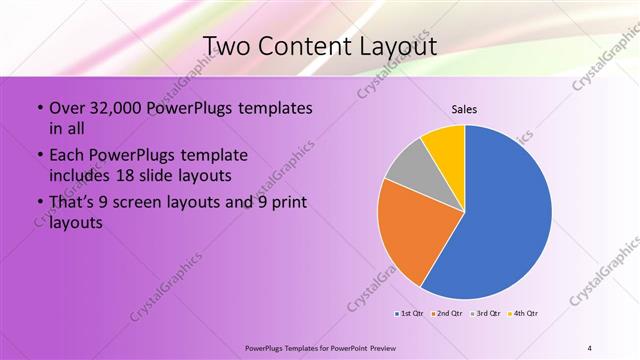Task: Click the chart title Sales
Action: (x=464, y=109)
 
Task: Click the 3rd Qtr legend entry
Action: (x=486, y=314)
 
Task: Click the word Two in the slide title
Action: (x=228, y=46)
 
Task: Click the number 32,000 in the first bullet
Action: (x=113, y=108)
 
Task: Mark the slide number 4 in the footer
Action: (x=590, y=347)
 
